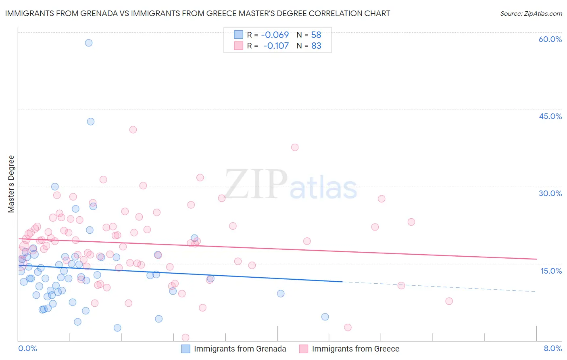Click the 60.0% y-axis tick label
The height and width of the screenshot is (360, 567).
click(550, 39)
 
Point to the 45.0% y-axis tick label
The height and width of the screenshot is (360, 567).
click(550, 116)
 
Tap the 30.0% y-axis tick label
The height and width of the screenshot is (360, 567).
click(550, 193)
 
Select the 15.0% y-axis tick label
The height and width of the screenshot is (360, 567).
click(551, 271)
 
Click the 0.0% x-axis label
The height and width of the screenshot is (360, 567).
click(27, 348)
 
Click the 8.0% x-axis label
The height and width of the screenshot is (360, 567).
click(552, 348)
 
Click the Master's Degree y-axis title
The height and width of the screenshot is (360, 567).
click(11, 184)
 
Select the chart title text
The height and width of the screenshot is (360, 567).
click(198, 13)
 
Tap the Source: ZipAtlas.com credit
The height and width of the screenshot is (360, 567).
click(531, 13)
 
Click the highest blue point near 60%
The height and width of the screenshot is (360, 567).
click(89, 43)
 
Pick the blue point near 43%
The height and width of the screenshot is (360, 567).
click(91, 121)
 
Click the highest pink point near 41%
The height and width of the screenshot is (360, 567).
click(133, 130)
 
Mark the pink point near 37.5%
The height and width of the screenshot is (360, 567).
click(295, 147)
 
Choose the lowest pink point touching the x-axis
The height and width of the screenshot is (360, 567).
click(186, 337)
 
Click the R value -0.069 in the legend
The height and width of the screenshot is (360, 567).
click(275, 35)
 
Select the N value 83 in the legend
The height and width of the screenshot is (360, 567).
click(316, 46)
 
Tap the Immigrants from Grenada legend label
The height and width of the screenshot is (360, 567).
click(240, 349)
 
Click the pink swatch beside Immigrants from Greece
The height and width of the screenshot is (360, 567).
click(304, 349)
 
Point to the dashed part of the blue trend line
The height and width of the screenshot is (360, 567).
click(440, 287)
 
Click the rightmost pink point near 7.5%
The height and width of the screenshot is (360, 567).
click(449, 301)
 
